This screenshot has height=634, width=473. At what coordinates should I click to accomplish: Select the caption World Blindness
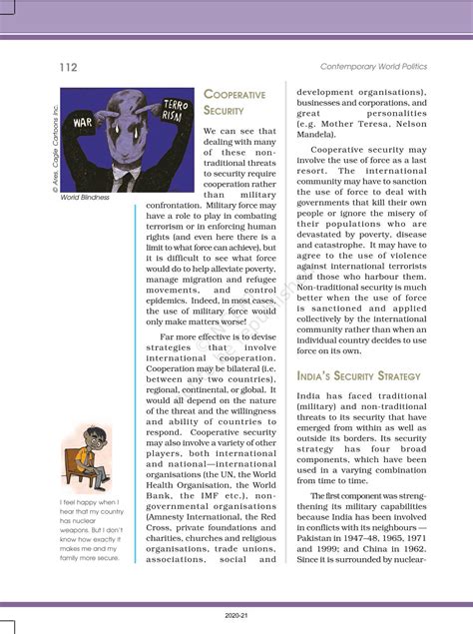pyautogui.click(x=84, y=198)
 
